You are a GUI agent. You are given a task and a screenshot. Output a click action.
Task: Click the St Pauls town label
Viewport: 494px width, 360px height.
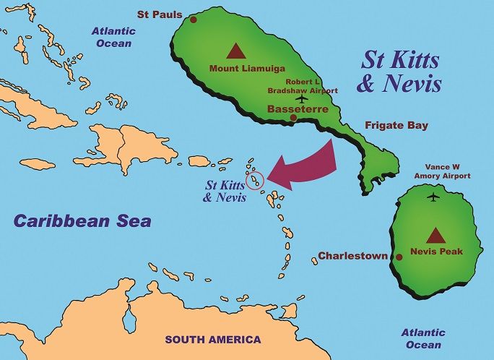pos(160,14)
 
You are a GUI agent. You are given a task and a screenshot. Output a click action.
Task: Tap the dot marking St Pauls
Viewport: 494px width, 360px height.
pos(194,20)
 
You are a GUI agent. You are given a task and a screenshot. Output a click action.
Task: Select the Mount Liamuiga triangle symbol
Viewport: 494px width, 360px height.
pos(235,51)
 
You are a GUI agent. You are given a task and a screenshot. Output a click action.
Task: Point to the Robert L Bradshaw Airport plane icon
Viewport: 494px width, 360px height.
pos(301,100)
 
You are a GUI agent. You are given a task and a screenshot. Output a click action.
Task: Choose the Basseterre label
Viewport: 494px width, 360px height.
pos(298,109)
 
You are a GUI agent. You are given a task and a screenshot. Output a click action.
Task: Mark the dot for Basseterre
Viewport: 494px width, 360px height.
pos(292,118)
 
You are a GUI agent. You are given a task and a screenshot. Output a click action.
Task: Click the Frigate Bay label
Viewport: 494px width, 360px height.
pos(396,125)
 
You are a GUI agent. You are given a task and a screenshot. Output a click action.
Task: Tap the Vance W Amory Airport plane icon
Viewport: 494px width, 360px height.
pos(433,197)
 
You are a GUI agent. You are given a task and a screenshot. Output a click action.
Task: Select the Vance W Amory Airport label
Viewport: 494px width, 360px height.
pos(443,171)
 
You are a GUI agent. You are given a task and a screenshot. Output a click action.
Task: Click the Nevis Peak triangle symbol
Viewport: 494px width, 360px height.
pos(435,236)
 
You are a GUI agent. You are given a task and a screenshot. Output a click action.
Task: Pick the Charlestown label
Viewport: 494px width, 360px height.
pos(353,256)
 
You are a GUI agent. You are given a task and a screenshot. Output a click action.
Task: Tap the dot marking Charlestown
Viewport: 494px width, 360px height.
pos(399,257)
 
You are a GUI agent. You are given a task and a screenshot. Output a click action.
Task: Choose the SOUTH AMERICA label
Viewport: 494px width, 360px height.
pos(213,339)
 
